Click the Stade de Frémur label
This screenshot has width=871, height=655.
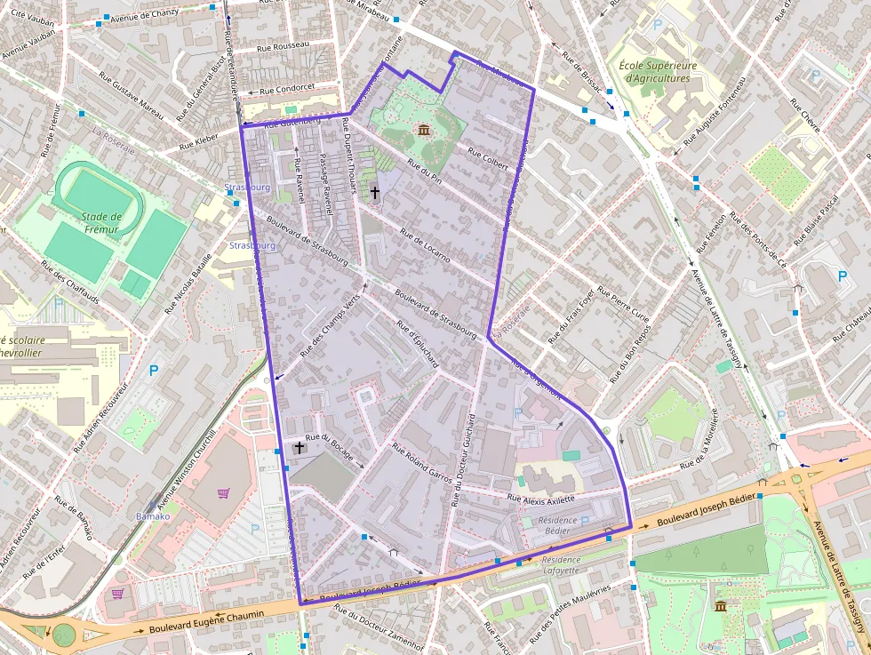coord(100,221)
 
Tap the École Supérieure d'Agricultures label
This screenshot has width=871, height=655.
coord(658,72)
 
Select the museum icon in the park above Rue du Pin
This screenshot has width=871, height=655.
coord(423,132)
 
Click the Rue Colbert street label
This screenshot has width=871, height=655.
coord(487,164)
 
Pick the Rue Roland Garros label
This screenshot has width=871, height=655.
coord(423,463)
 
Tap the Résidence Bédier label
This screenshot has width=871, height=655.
coord(557,525)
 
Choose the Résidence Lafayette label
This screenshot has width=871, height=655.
coord(561,565)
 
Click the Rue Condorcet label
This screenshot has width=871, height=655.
coord(286,88)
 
